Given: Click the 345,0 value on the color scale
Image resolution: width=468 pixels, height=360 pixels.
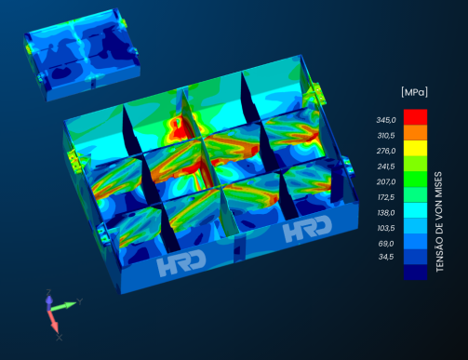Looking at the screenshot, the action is coord(386,120).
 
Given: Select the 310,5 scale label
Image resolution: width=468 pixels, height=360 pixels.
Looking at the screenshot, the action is coord(386,136).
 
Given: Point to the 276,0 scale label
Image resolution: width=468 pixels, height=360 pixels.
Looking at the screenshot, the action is coord(386,151).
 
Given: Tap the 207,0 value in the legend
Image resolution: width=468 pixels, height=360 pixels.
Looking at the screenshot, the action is coord(386,181).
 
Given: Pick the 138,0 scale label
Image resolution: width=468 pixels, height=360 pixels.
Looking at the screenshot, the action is coord(386,213).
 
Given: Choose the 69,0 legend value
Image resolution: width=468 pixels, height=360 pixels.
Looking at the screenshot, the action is coord(386,244).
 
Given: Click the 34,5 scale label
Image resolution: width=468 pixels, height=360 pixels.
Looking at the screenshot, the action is coord(386,257).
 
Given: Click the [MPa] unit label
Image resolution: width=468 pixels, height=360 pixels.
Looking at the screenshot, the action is coord(414,92).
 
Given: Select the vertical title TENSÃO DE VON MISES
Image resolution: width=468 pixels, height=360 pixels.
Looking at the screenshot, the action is coord(439,222).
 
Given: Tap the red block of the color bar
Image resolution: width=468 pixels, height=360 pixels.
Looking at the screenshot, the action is coord(415,117).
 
